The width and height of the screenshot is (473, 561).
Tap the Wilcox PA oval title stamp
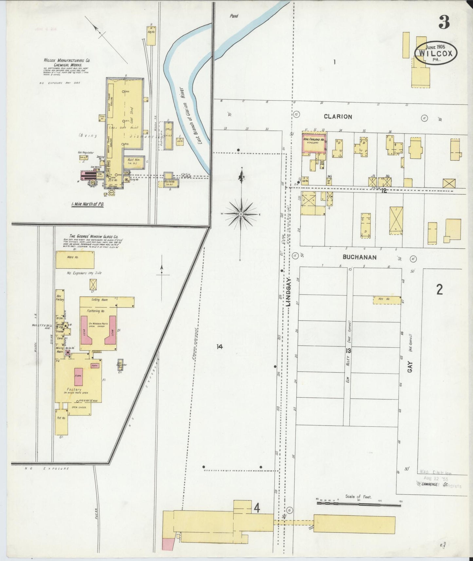[435, 53]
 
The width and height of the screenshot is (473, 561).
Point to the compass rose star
[241, 214]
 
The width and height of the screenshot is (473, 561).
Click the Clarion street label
[338, 117]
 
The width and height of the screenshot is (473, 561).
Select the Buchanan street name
[360, 257]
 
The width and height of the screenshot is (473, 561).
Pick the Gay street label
[410, 366]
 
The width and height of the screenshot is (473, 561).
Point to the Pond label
[234, 16]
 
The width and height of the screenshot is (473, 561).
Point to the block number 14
[219, 346]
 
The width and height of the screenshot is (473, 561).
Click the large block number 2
[439, 289]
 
